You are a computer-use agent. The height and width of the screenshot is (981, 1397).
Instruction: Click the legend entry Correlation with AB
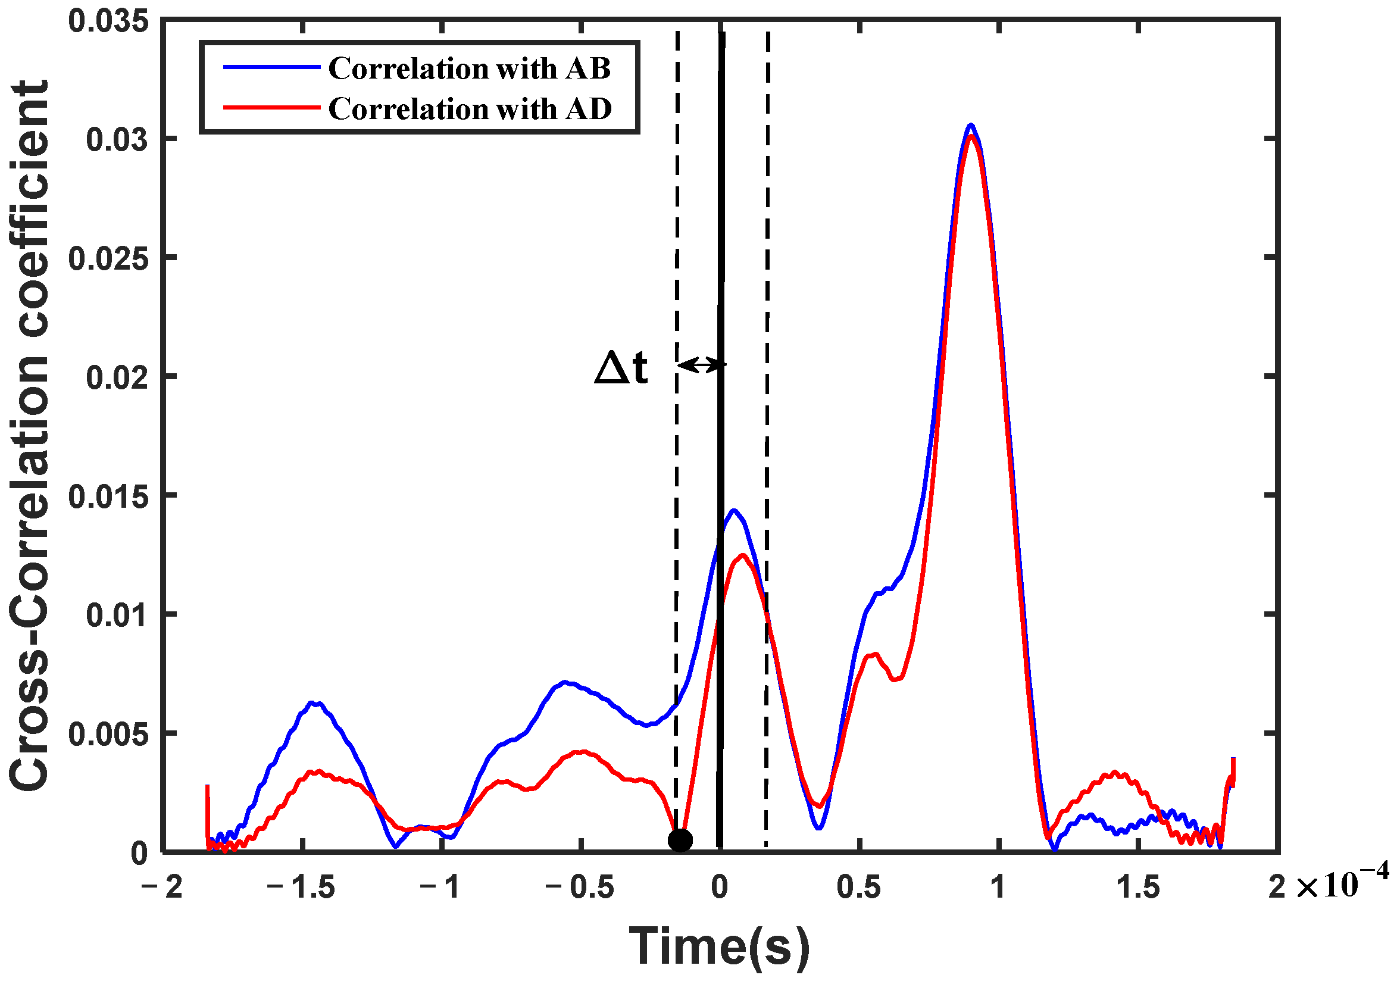click(x=469, y=68)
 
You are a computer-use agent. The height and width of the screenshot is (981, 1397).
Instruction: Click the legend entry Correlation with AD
click(x=469, y=109)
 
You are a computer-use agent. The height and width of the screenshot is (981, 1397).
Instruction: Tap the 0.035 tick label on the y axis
click(x=108, y=21)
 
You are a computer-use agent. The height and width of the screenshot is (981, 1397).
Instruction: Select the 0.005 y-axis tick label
click(x=108, y=735)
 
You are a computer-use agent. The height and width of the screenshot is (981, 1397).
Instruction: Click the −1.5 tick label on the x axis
click(x=301, y=888)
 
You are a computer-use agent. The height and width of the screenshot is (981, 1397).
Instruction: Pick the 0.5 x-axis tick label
click(x=858, y=888)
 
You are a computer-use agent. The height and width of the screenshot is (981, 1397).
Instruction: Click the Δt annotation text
click(x=621, y=368)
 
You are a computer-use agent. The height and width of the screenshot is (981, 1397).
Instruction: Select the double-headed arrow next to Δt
click(x=702, y=365)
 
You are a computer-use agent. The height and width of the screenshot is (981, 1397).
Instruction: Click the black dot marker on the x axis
click(x=680, y=841)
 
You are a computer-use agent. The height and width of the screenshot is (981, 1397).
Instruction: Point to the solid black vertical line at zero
click(x=720, y=243)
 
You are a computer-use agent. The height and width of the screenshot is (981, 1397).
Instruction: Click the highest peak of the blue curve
click(x=971, y=126)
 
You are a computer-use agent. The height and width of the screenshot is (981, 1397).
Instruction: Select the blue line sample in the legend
click(x=271, y=67)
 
